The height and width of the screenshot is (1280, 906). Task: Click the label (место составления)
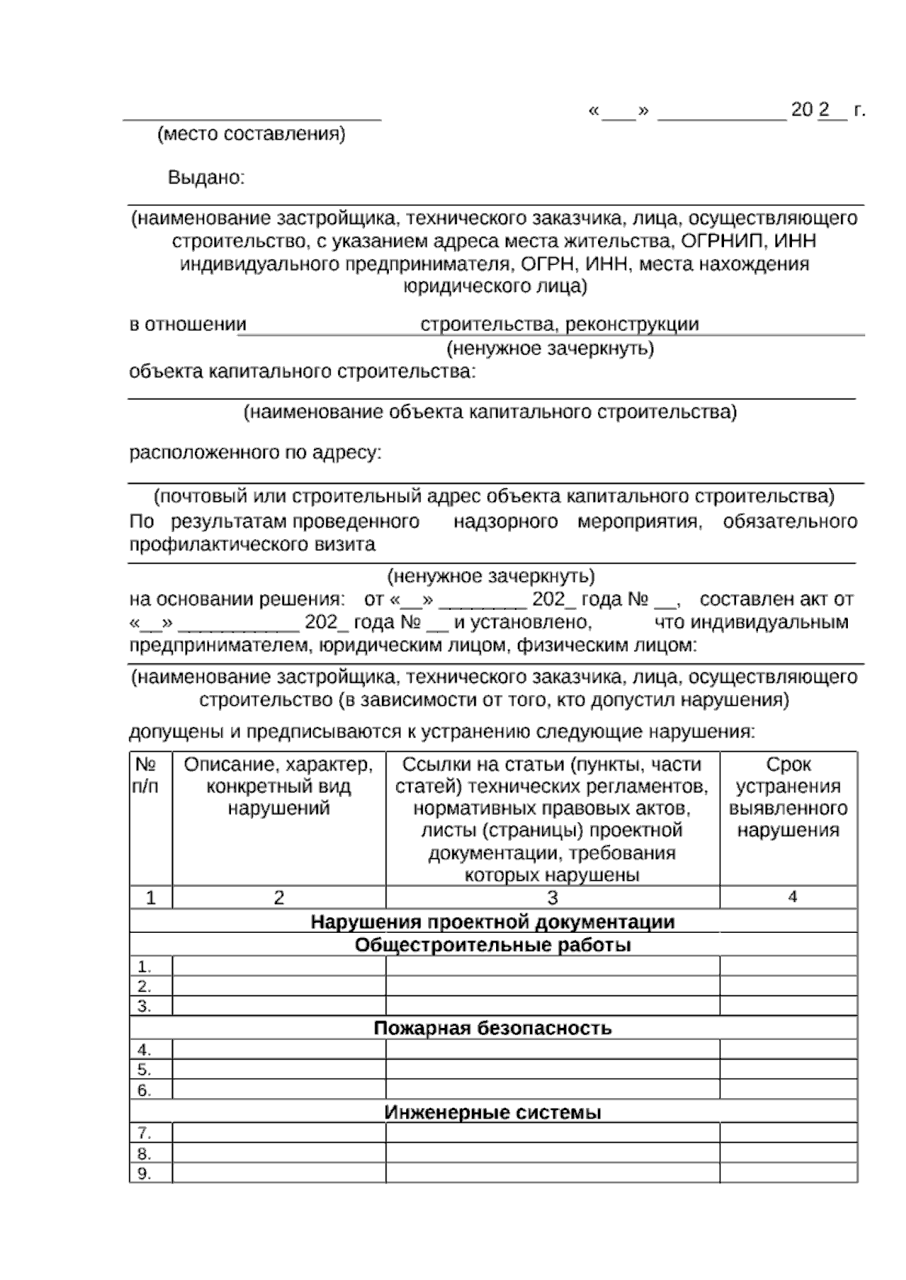(251, 134)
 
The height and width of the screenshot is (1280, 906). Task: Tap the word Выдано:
(206, 178)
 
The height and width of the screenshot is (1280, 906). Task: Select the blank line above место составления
(251, 118)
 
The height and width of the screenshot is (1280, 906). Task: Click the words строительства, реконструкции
(559, 325)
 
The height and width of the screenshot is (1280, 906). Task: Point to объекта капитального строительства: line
(303, 372)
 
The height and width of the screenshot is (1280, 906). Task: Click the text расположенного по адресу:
(255, 453)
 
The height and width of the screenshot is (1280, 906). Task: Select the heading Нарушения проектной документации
(492, 922)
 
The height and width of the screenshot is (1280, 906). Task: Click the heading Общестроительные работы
(492, 945)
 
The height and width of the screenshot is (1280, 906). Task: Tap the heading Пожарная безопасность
(492, 1028)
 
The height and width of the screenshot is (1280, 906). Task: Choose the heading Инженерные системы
(492, 1112)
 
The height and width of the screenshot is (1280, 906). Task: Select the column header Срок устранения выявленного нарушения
(787, 798)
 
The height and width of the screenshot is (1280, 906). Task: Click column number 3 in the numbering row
(552, 897)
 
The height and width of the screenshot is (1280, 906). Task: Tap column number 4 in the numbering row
(792, 897)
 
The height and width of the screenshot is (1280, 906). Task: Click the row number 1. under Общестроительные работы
(143, 967)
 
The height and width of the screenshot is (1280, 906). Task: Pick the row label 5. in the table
(143, 1070)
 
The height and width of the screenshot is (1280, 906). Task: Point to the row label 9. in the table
(143, 1174)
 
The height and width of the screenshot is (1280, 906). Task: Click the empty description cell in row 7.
(279, 1134)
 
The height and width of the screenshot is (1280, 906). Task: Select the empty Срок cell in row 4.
(787, 1050)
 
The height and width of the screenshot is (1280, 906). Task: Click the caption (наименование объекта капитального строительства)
(489, 412)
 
